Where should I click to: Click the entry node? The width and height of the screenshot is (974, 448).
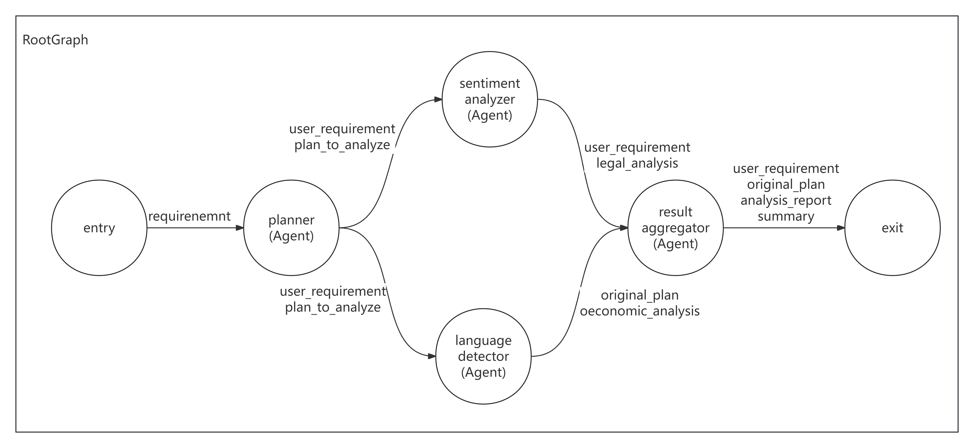tap(99, 228)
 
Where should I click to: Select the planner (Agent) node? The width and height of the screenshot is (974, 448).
tap(291, 228)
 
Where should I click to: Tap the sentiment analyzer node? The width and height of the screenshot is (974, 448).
tap(490, 99)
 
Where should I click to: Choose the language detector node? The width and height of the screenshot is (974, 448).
tap(483, 356)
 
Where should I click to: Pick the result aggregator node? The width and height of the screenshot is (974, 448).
tap(675, 228)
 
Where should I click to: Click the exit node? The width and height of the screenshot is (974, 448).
tap(892, 228)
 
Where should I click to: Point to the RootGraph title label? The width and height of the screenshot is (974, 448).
tap(55, 40)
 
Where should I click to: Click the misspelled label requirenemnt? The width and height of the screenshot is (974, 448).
tap(189, 216)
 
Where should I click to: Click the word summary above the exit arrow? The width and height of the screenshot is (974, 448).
tap(786, 216)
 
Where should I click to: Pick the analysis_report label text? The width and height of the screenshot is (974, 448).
tap(786, 200)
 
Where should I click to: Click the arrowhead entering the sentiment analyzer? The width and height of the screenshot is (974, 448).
tap(438, 99)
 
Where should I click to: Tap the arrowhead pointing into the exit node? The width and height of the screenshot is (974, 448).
tap(841, 228)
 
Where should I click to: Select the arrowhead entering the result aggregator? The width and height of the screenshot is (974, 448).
tap(624, 228)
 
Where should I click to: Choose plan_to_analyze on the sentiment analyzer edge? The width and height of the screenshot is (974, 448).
tap(342, 145)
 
